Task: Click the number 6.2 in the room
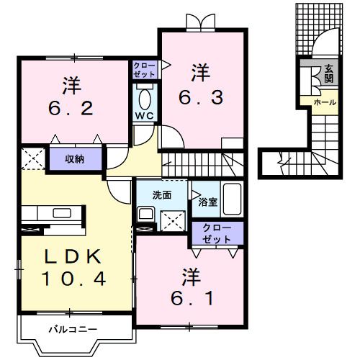click(70, 109)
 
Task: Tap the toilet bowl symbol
click(144, 97)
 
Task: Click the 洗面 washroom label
click(161, 194)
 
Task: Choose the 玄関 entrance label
click(328, 73)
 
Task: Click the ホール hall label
click(323, 103)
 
